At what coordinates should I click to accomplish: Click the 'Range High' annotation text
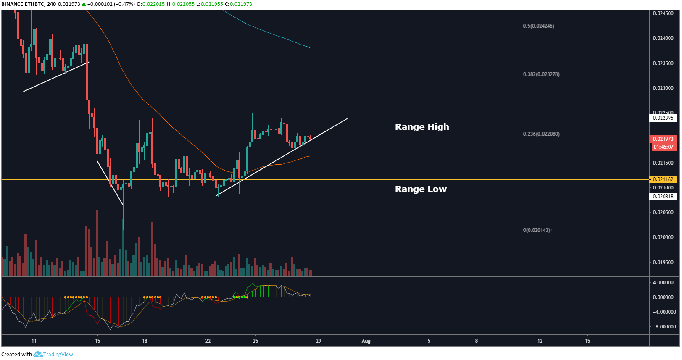(x=422, y=127)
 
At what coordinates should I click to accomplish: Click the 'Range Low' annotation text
(x=421, y=189)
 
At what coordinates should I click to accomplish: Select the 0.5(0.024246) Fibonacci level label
(x=538, y=26)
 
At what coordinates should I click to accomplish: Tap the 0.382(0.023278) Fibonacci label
(x=541, y=74)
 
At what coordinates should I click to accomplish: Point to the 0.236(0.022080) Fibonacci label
(x=541, y=134)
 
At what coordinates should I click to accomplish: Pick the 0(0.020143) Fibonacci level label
(x=536, y=230)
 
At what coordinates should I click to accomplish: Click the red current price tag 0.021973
(x=663, y=139)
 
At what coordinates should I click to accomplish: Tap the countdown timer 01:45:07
(x=663, y=147)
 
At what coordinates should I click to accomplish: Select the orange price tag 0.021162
(x=663, y=179)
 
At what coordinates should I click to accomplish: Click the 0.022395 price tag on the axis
(x=663, y=118)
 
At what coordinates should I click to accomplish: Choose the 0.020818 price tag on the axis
(x=663, y=197)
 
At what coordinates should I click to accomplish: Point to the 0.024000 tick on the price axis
(x=663, y=38)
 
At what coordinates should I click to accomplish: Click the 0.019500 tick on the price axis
(x=663, y=263)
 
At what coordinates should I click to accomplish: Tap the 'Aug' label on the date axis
(x=366, y=341)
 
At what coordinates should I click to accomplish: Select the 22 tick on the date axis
(x=208, y=341)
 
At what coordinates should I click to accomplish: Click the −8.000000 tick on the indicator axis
(x=664, y=327)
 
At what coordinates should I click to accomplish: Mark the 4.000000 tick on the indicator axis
(x=664, y=283)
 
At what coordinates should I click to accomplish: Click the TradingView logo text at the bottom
(x=58, y=355)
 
